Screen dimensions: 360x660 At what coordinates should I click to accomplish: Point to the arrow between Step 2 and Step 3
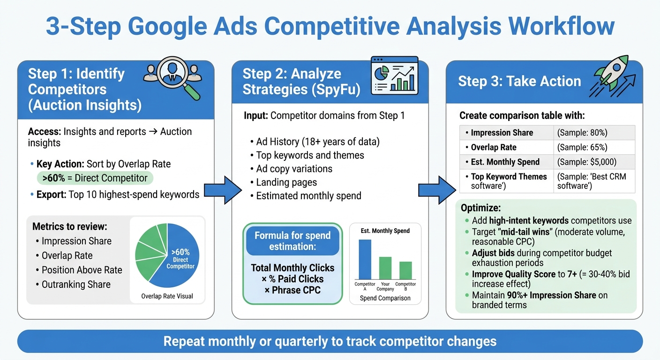[x=437, y=190]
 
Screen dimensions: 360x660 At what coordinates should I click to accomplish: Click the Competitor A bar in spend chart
[x=365, y=259]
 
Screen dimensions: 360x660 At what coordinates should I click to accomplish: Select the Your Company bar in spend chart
[x=385, y=268]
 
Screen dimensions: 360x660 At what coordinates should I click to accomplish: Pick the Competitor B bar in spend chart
[x=405, y=270]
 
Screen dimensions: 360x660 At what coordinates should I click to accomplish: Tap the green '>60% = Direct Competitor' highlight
[x=95, y=178]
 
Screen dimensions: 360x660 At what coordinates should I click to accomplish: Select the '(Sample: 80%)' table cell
[x=594, y=133]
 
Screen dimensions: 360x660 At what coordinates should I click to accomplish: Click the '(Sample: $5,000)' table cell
[x=594, y=162]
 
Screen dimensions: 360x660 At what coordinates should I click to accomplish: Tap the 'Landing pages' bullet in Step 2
[x=286, y=182]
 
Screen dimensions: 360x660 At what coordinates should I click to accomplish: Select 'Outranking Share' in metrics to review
[x=76, y=285]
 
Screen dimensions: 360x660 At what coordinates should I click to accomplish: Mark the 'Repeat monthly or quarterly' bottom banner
[x=330, y=341]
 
